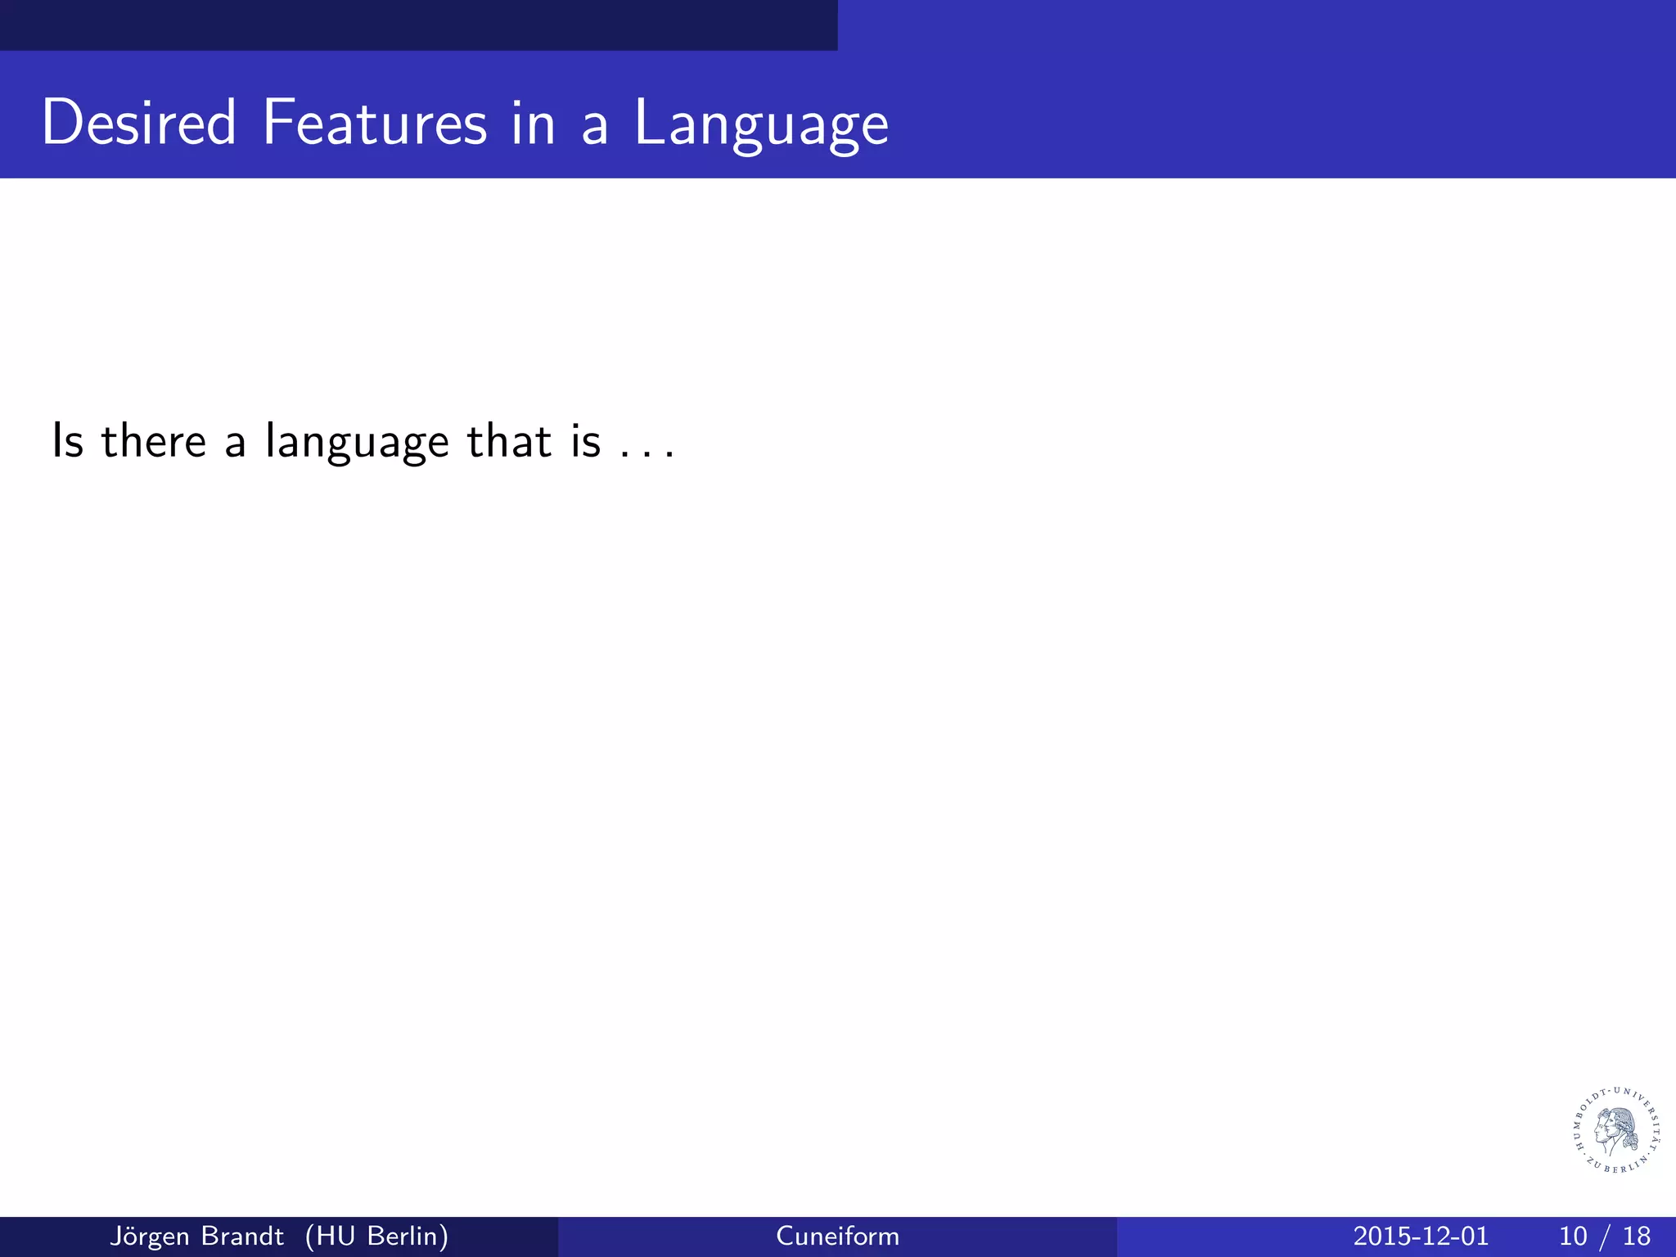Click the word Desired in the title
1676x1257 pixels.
point(139,123)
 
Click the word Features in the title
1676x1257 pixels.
point(374,123)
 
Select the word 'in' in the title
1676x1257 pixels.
point(533,123)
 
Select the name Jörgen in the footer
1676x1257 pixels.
point(151,1236)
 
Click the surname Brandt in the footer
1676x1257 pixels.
point(243,1236)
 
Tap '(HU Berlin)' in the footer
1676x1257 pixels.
point(376,1236)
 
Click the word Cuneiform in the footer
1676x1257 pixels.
point(837,1236)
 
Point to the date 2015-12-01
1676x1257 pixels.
point(1421,1236)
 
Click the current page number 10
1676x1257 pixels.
point(1573,1236)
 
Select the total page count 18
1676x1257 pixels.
point(1637,1236)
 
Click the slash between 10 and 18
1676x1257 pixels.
point(1606,1236)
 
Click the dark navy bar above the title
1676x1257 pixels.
point(417,25)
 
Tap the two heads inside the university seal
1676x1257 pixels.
point(1614,1130)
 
